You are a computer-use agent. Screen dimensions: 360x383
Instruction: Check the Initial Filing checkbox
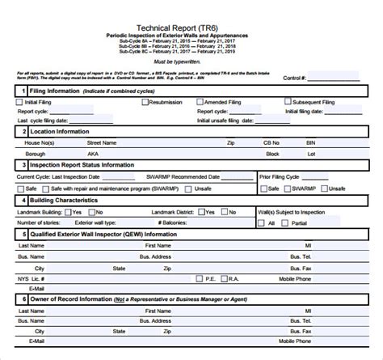(x=19, y=103)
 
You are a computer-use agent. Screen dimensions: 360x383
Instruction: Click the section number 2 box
(x=24, y=129)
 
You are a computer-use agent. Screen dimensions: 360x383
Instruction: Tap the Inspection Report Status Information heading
(x=84, y=164)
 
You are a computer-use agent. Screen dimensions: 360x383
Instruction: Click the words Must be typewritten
(x=193, y=61)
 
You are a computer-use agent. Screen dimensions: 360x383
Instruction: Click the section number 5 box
(x=24, y=234)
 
